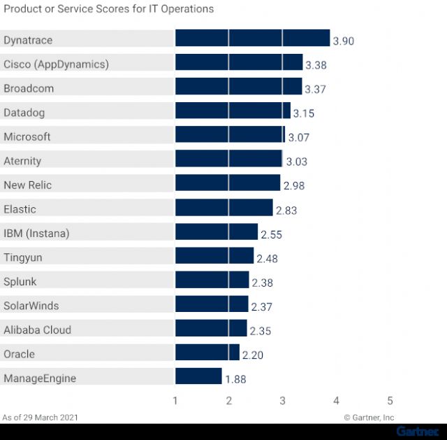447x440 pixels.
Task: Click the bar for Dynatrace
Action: click(252, 38)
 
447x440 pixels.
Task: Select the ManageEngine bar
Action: click(198, 376)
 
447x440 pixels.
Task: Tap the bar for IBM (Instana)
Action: click(217, 232)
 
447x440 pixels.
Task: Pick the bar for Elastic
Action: click(223, 208)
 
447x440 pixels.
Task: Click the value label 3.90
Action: click(344, 41)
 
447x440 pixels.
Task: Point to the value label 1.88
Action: click(235, 379)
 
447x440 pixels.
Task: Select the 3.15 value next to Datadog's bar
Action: click(304, 113)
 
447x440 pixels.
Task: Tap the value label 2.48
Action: click(267, 259)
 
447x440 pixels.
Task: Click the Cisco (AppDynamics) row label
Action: click(56, 64)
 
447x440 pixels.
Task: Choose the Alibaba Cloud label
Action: click(37, 330)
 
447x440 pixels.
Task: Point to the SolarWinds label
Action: click(31, 306)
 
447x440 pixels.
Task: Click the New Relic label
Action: click(27, 185)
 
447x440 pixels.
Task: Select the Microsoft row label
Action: click(27, 137)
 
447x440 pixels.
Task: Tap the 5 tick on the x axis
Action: click(390, 401)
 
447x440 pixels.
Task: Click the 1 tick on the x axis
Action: click(175, 401)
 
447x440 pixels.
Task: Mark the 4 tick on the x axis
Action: click(336, 401)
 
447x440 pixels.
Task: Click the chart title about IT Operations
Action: click(108, 9)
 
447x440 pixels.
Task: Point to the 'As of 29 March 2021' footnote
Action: click(40, 418)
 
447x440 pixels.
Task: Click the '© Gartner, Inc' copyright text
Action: click(369, 418)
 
